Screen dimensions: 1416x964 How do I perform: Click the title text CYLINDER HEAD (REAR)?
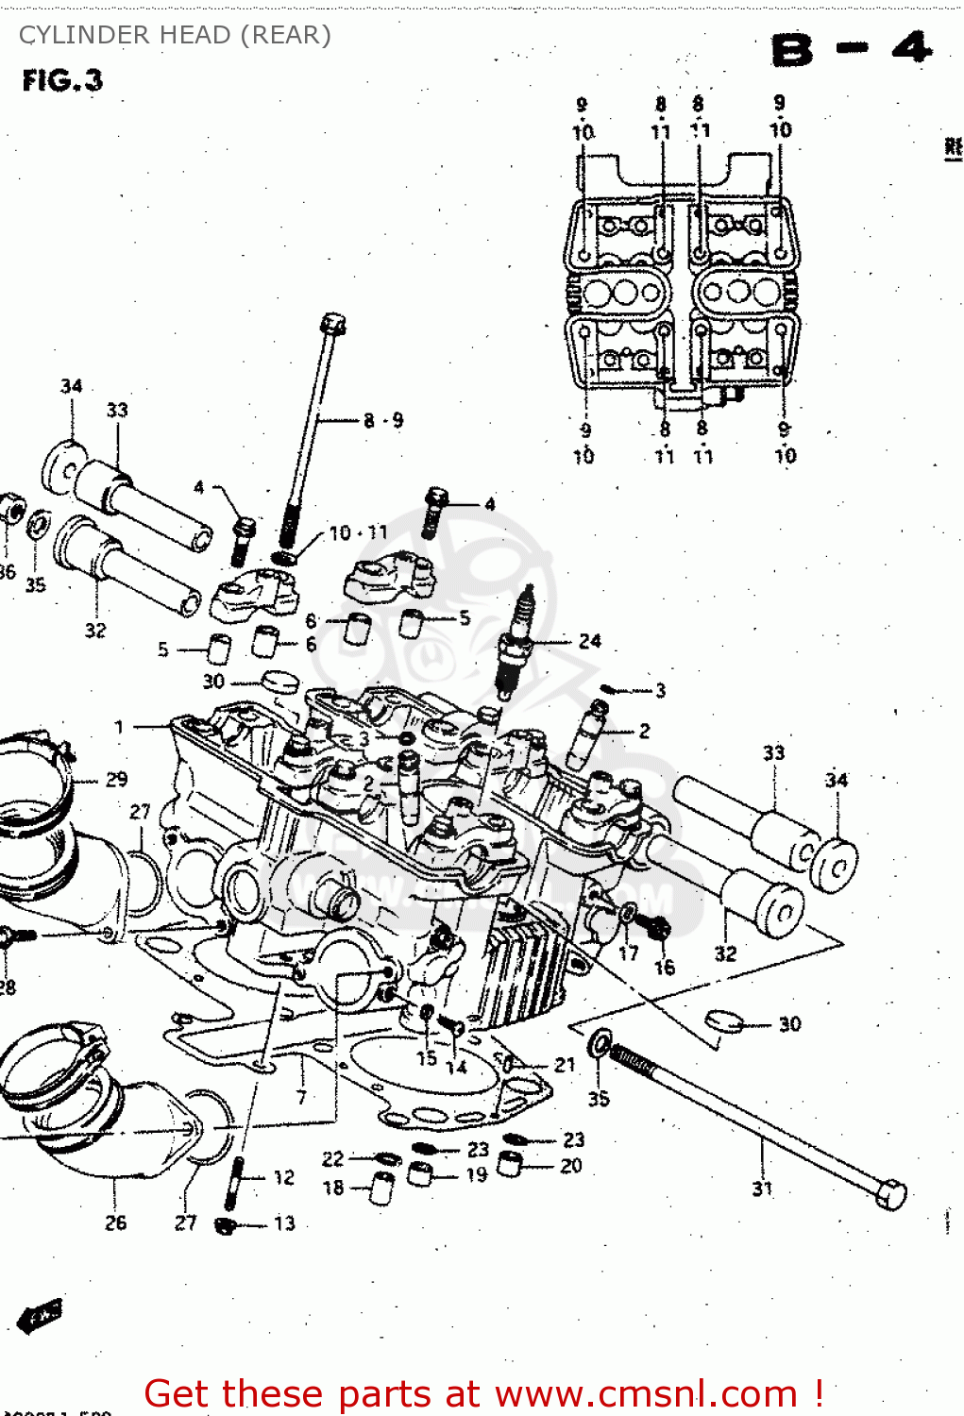coord(175,35)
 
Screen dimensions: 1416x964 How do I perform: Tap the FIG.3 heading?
coord(62,81)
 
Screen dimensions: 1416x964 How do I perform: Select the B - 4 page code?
coord(851,49)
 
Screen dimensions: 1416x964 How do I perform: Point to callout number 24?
coord(590,641)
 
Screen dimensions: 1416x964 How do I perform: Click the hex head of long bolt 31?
coord(890,1193)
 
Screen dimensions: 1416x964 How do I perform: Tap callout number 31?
coord(762,1188)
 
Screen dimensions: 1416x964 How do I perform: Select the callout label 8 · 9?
coord(383,420)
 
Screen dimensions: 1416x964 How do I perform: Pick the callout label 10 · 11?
coord(358,533)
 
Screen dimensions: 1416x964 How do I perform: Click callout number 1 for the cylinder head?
coord(119,727)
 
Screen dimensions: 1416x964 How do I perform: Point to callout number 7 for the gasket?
coord(301,1097)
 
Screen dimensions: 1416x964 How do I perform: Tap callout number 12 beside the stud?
coord(283,1177)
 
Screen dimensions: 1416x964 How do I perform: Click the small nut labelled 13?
coord(225,1225)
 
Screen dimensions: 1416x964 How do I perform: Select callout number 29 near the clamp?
coord(116,780)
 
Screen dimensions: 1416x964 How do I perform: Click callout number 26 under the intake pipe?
coord(115,1222)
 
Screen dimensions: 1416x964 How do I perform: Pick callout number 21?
coord(565,1065)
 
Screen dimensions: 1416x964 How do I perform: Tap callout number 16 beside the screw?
coord(665,968)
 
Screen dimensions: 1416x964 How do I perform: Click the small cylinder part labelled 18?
coord(381,1188)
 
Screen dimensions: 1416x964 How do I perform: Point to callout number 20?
coord(571,1166)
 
